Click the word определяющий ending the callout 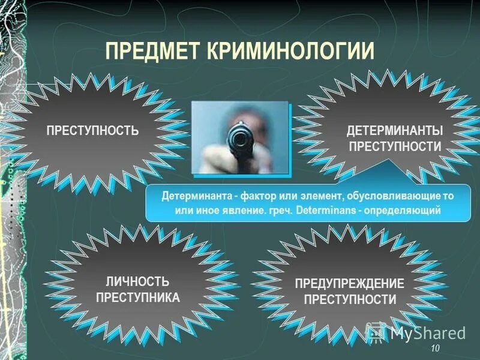click(408, 211)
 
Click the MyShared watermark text click(428, 332)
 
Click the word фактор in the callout click(247, 196)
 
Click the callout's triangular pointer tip click(389, 161)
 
